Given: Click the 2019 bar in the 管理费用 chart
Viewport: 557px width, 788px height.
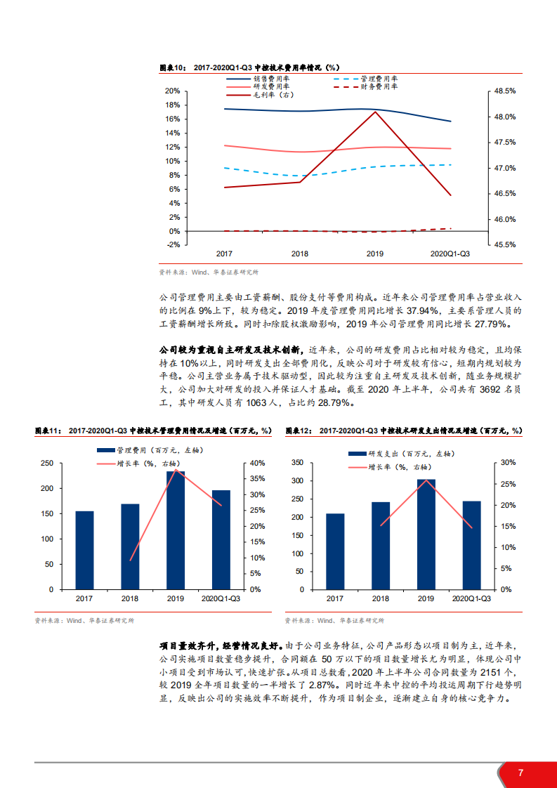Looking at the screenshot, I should click(176, 530).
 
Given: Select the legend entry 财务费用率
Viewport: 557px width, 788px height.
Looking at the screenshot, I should click(379, 86).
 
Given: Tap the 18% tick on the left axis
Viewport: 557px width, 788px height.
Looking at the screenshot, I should click(172, 105).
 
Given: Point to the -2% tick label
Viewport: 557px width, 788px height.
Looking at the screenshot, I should click(171, 244).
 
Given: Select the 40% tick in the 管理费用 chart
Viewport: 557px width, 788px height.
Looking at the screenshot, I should click(258, 463).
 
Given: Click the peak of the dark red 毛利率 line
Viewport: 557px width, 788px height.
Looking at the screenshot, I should click(376, 112).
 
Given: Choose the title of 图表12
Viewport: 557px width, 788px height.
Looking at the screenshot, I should click(404, 431).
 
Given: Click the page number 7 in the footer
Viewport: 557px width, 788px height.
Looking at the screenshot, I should click(520, 773).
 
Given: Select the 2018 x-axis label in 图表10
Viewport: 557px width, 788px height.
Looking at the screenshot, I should click(300, 254).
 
